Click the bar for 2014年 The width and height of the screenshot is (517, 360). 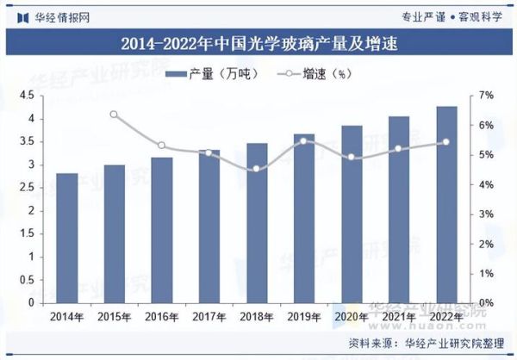pyautogui.click(x=67, y=238)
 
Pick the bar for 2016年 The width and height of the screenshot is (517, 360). pyautogui.click(x=162, y=230)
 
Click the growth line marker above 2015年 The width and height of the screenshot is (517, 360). pyautogui.click(x=115, y=115)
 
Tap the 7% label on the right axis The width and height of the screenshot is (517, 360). pyautogui.click(x=487, y=95)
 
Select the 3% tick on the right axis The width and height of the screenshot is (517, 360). pyautogui.click(x=487, y=214)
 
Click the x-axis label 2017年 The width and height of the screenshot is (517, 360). pyautogui.click(x=209, y=317)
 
